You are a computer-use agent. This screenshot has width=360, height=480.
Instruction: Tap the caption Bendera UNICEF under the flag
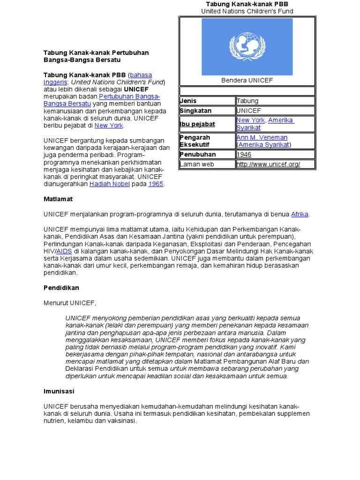[x=247, y=81]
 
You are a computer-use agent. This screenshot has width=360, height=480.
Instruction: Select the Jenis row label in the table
[x=188, y=101]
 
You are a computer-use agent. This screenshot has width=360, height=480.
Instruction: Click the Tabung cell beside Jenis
[x=247, y=101]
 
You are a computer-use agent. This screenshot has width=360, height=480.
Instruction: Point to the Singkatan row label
[x=195, y=111]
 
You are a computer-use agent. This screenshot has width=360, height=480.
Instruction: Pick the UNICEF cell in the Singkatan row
[x=249, y=111]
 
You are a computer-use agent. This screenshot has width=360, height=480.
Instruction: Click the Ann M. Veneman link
[x=262, y=138]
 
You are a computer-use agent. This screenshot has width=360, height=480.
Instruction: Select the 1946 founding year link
[x=244, y=154]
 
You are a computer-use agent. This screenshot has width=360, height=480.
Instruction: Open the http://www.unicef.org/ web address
[x=268, y=164]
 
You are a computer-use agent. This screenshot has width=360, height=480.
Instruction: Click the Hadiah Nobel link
[x=106, y=184]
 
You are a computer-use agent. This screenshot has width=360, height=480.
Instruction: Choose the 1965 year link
[x=156, y=184]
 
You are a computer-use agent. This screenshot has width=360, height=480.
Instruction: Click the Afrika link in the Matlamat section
[x=300, y=214]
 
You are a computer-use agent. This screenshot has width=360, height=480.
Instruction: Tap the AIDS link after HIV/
[x=64, y=251]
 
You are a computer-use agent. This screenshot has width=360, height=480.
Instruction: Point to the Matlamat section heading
[x=58, y=199]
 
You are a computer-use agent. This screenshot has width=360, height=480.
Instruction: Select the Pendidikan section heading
[x=61, y=288]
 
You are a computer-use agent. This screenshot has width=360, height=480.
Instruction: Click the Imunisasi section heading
[x=59, y=391]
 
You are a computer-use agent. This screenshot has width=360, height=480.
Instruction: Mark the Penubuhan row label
[x=198, y=154]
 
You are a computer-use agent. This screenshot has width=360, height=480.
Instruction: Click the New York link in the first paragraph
[x=109, y=126]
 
